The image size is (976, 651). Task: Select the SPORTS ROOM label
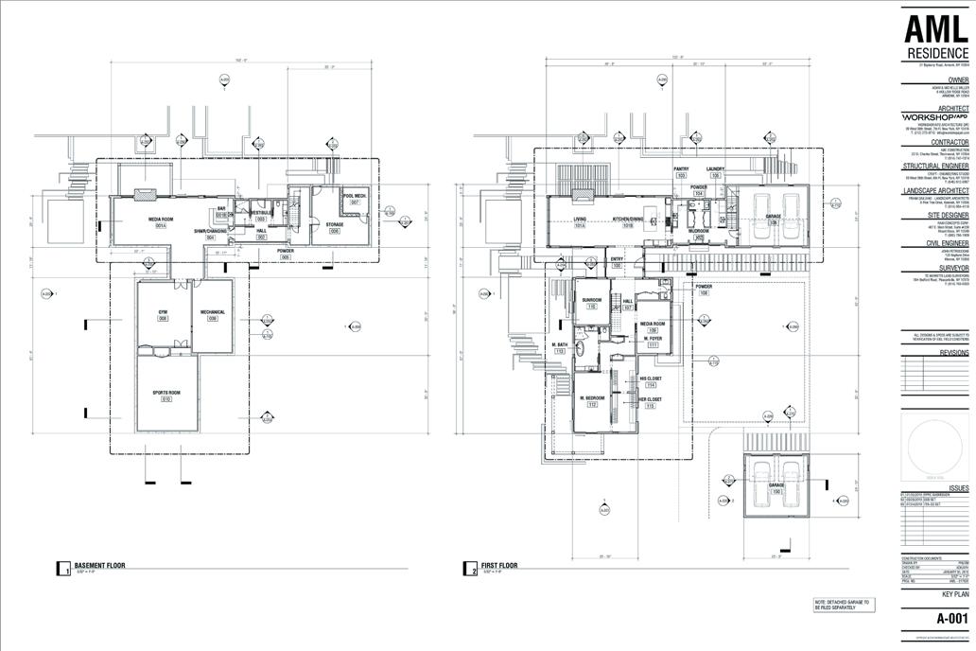[x=166, y=392]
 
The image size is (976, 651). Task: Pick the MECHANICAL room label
[x=213, y=311]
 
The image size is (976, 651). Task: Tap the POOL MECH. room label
[x=355, y=197]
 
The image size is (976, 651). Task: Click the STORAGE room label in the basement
[x=335, y=224]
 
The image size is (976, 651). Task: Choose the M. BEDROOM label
[x=593, y=398]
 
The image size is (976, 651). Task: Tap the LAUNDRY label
[x=715, y=169]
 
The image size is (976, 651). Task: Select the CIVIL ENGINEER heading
[x=945, y=242]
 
